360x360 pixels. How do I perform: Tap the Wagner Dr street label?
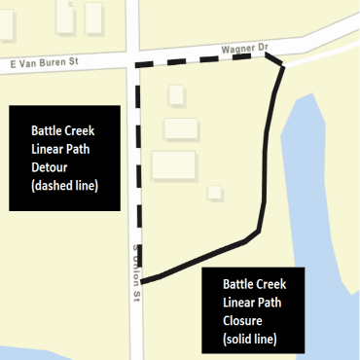[x=243, y=45]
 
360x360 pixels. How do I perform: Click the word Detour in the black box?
[x=53, y=164]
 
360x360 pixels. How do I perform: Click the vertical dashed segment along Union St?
[x=137, y=165]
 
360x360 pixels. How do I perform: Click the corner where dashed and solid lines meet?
[x=282, y=66]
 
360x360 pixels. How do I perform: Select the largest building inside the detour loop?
[x=173, y=164]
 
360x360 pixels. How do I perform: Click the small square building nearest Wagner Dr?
[x=176, y=94]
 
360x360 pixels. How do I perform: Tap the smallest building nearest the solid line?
[x=214, y=191]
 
